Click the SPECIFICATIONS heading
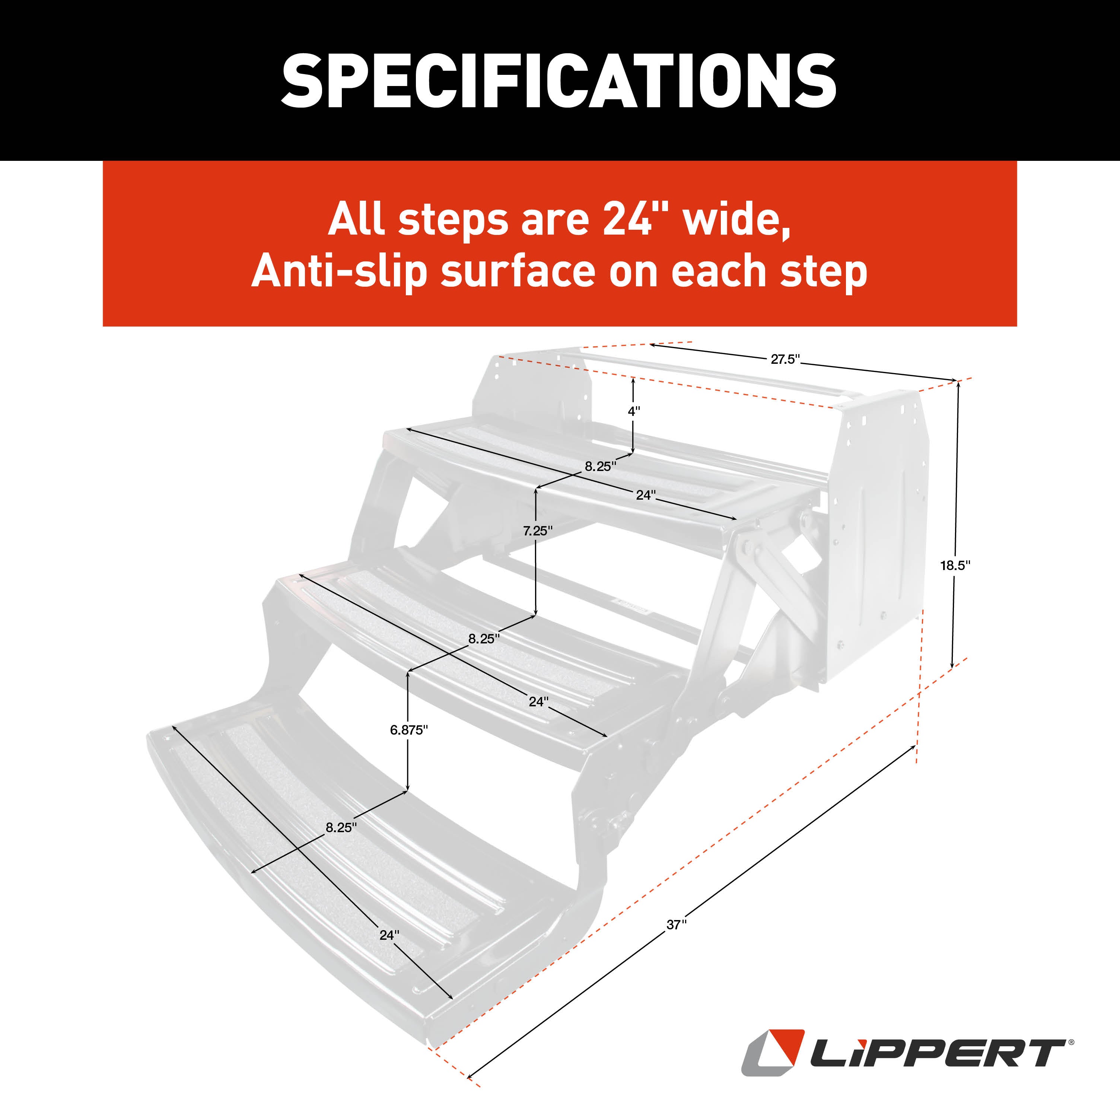click(x=559, y=81)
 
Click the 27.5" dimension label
click(x=785, y=359)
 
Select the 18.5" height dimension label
click(x=955, y=565)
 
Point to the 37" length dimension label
click(x=676, y=925)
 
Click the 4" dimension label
click(x=634, y=411)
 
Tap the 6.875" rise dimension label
click(x=409, y=730)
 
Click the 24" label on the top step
click(x=645, y=494)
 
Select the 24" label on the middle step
click(x=538, y=701)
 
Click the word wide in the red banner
click(x=736, y=220)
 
